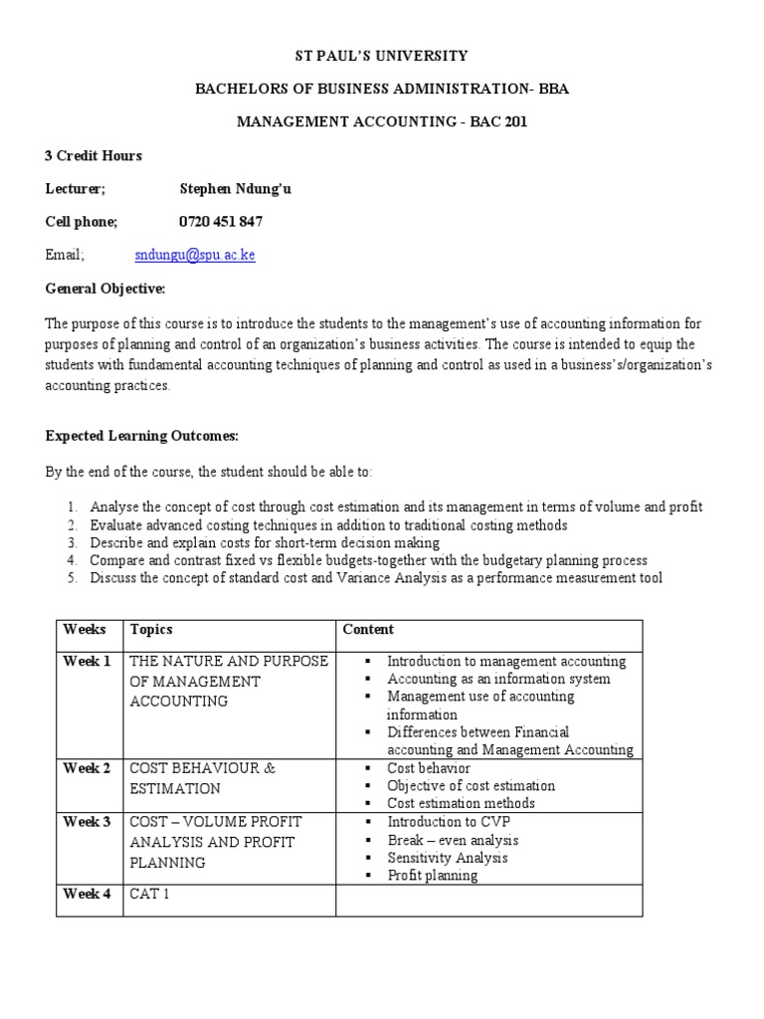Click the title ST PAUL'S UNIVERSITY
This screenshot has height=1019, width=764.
382,56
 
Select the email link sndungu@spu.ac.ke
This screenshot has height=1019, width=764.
195,255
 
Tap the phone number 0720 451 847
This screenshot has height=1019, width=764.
221,221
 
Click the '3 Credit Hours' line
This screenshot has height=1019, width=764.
94,155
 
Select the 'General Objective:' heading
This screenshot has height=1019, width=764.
105,289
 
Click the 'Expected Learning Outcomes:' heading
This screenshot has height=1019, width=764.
142,437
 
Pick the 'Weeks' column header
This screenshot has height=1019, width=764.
84,630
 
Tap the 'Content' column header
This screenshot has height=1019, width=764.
368,630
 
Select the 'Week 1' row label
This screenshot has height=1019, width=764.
88,662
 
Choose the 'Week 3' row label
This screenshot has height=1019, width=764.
88,822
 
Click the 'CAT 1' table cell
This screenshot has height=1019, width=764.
150,894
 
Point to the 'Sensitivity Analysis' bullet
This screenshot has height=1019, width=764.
447,858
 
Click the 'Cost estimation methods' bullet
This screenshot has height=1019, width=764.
461,803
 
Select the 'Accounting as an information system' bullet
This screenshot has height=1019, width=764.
498,680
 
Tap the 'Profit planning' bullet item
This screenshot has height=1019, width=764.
432,876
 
